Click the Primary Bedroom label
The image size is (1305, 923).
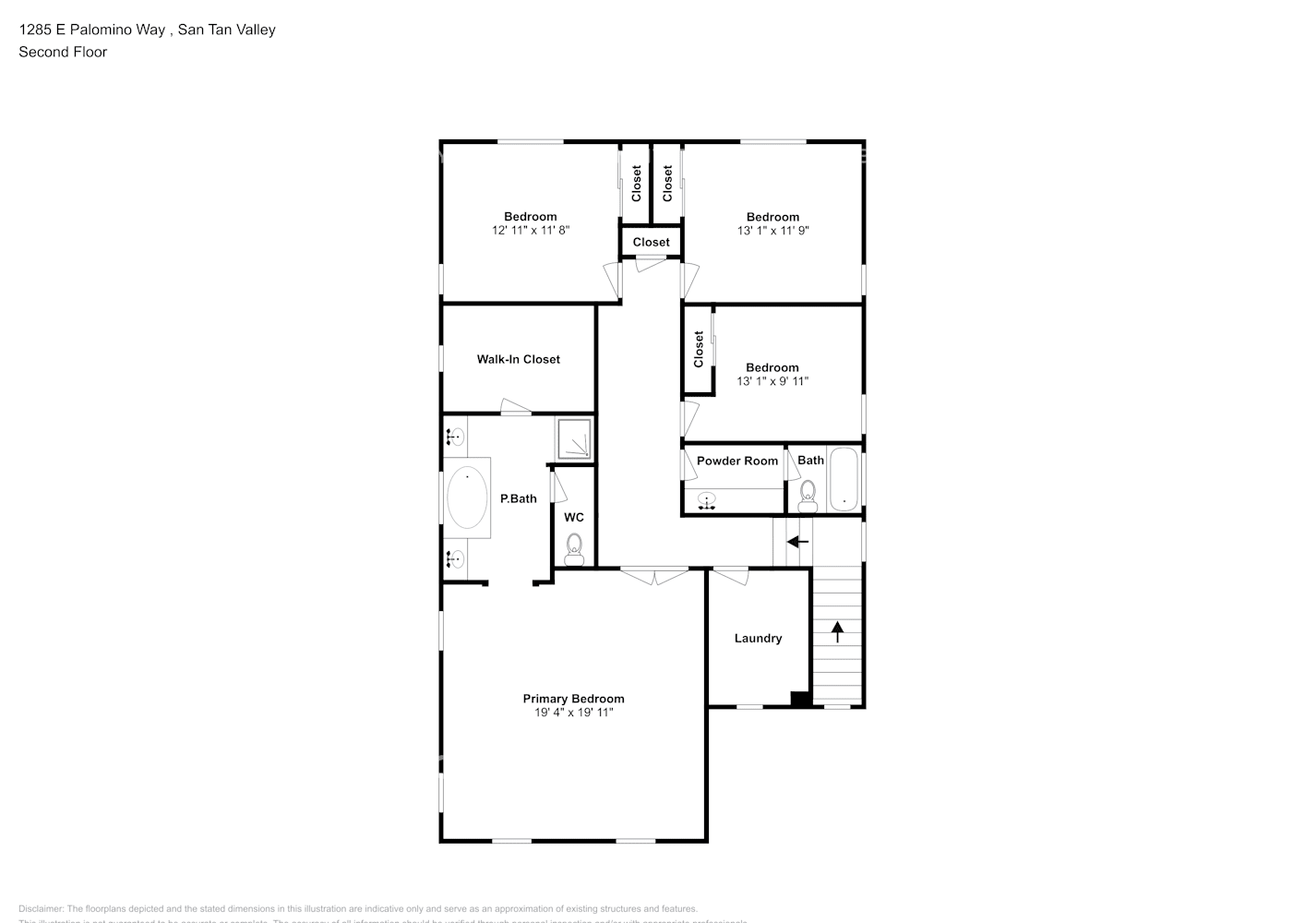click(573, 699)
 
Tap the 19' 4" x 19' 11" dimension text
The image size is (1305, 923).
click(573, 713)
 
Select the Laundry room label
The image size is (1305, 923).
click(758, 638)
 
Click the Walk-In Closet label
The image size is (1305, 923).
click(518, 359)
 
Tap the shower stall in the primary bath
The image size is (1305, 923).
click(573, 439)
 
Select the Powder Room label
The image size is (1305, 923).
click(736, 461)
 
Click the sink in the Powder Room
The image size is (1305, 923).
click(707, 501)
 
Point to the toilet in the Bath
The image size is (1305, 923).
click(808, 496)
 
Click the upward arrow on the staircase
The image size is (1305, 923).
click(837, 631)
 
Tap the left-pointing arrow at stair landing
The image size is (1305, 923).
click(797, 542)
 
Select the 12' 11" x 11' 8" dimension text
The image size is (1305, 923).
click(531, 231)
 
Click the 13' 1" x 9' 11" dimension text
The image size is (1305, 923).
click(772, 381)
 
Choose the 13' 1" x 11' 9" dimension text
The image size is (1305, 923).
click(772, 231)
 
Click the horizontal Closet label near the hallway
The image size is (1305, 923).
click(651, 242)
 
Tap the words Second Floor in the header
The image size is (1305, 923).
click(63, 52)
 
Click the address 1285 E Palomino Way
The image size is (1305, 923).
click(92, 30)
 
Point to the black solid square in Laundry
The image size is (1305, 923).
click(801, 699)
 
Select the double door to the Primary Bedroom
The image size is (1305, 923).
click(653, 576)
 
